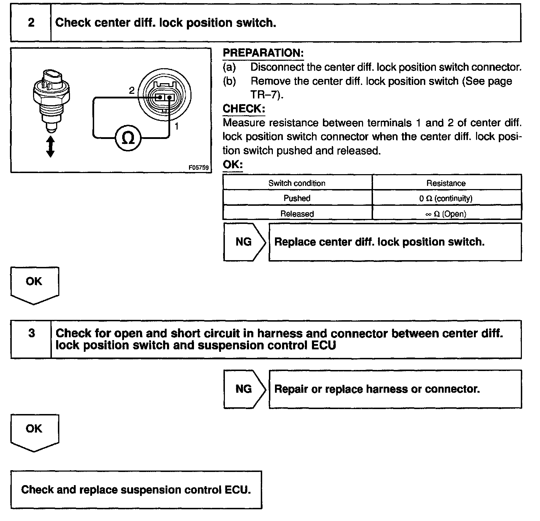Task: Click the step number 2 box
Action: [x=31, y=23]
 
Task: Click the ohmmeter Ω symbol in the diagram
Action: [x=128, y=138]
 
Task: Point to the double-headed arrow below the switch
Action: [x=50, y=146]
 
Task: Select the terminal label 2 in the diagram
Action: [x=131, y=91]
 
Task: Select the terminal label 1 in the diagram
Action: [x=177, y=126]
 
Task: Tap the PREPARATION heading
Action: [x=263, y=53]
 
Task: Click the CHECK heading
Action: [x=244, y=108]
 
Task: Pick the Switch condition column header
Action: [x=297, y=183]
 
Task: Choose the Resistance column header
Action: [x=446, y=183]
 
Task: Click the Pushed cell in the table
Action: [x=297, y=198]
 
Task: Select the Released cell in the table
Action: [x=297, y=214]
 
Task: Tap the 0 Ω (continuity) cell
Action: [x=446, y=198]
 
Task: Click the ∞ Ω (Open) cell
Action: [x=446, y=214]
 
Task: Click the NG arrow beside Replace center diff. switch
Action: [x=244, y=242]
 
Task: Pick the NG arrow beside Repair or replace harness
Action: [x=244, y=389]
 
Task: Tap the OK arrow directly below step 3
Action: [x=34, y=432]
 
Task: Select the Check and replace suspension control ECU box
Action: [x=136, y=490]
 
